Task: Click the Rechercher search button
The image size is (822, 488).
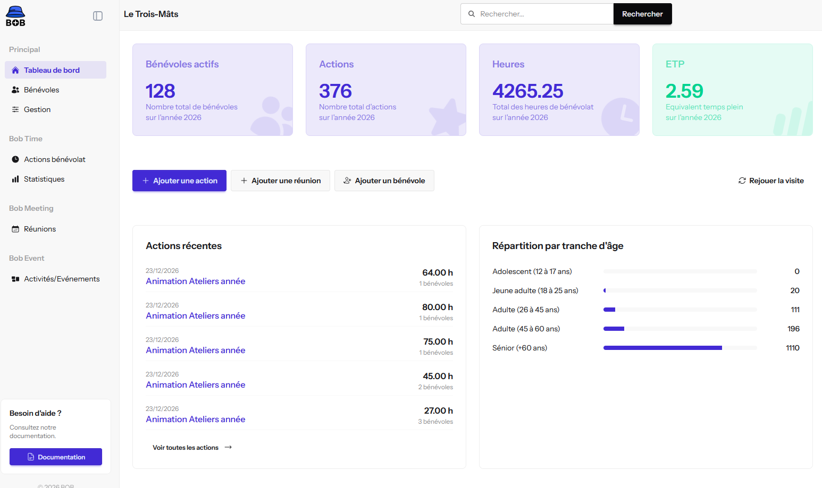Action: pos(642,14)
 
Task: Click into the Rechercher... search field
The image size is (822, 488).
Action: pos(537,14)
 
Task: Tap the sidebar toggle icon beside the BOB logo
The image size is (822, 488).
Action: pos(98,16)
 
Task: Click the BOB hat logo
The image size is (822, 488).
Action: pos(15,16)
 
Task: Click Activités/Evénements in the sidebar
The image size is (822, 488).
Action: pos(55,279)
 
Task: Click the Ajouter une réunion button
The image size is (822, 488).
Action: pos(280,181)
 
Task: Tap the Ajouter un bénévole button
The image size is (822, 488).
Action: pos(384,181)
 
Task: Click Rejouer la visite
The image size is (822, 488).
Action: pos(771,181)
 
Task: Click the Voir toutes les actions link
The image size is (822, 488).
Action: pos(192,447)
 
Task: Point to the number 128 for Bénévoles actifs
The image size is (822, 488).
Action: pos(161,91)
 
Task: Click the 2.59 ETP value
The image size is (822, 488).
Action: pos(684,91)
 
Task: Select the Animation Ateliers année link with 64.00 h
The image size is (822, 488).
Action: pos(195,281)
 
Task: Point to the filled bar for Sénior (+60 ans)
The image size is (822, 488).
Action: pos(662,348)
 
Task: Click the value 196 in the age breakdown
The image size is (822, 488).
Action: pos(793,329)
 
